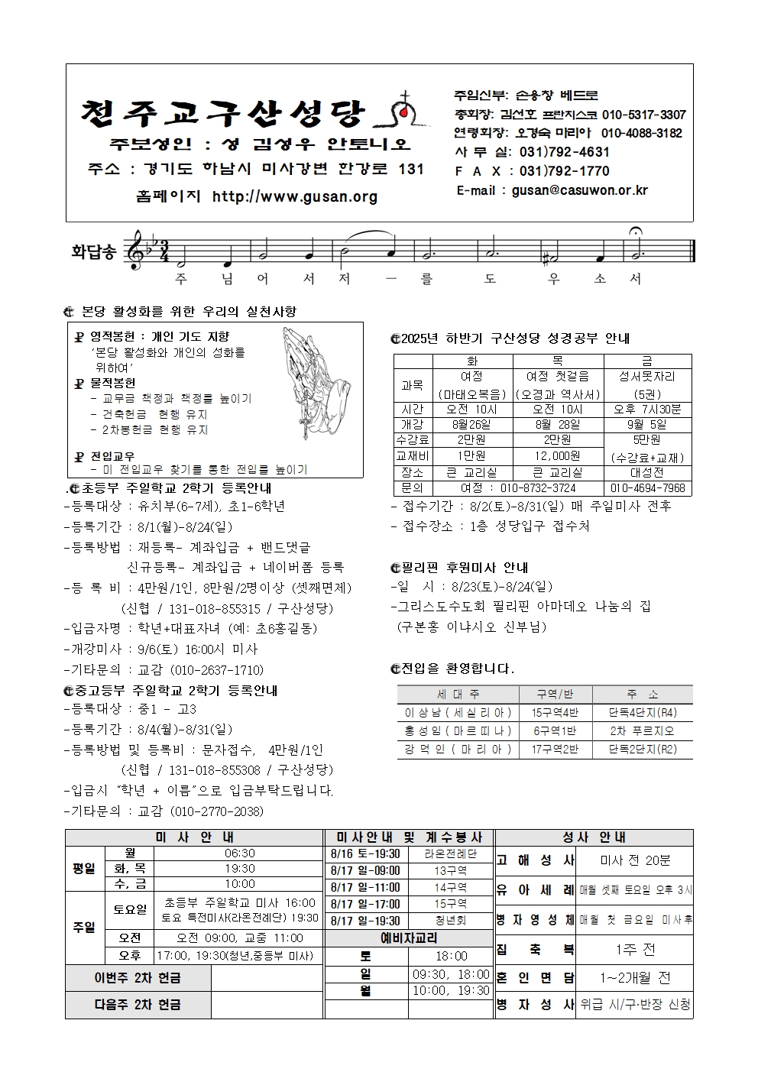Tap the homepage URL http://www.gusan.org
click(295, 196)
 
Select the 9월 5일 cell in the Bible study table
click(647, 424)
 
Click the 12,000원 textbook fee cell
click(556, 455)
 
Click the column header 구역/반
click(555, 695)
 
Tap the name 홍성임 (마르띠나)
click(458, 730)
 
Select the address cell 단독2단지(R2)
click(643, 750)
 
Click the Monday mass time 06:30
click(240, 853)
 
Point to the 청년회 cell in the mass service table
click(450, 921)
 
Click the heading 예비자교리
click(409, 938)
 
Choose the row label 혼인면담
click(535, 977)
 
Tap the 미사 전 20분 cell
click(635, 860)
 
